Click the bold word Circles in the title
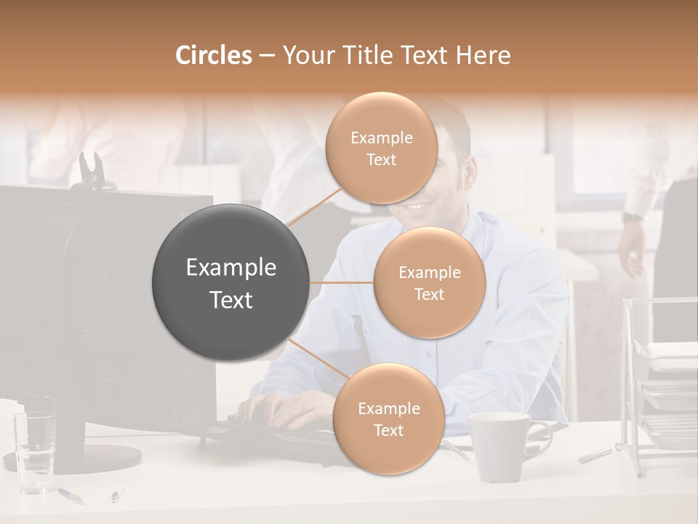[x=214, y=55]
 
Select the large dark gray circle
[x=230, y=282]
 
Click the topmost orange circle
[x=381, y=148]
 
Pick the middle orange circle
[x=429, y=282]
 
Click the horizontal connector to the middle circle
[x=342, y=282]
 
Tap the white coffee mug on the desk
[x=500, y=446]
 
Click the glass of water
[x=35, y=444]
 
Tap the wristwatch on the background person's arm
[x=632, y=216]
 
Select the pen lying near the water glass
[x=70, y=495]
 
